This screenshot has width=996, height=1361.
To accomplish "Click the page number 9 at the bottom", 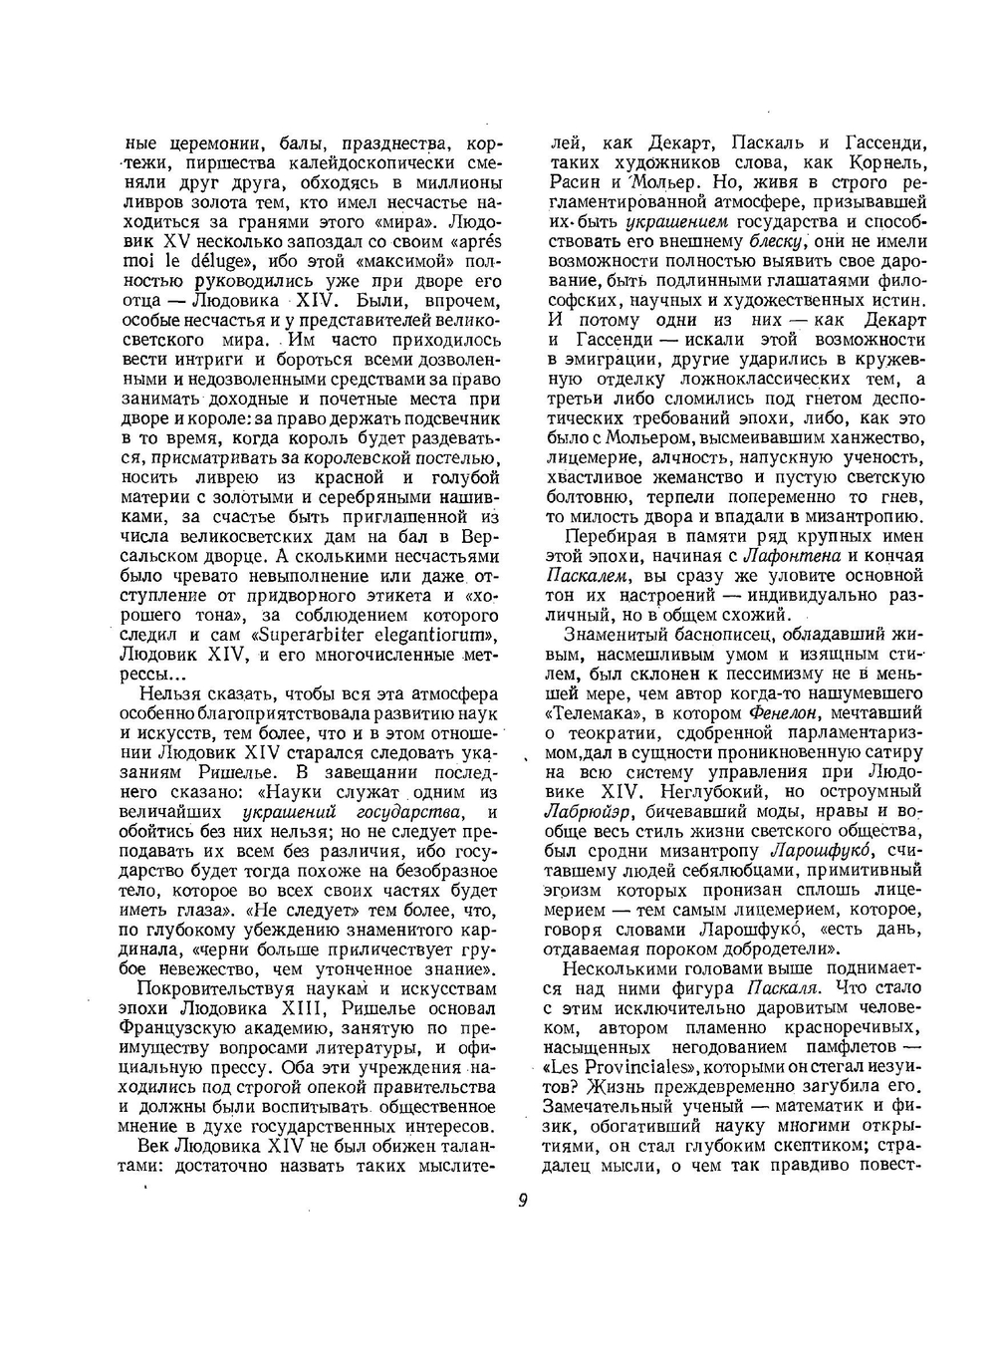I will [522, 1200].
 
